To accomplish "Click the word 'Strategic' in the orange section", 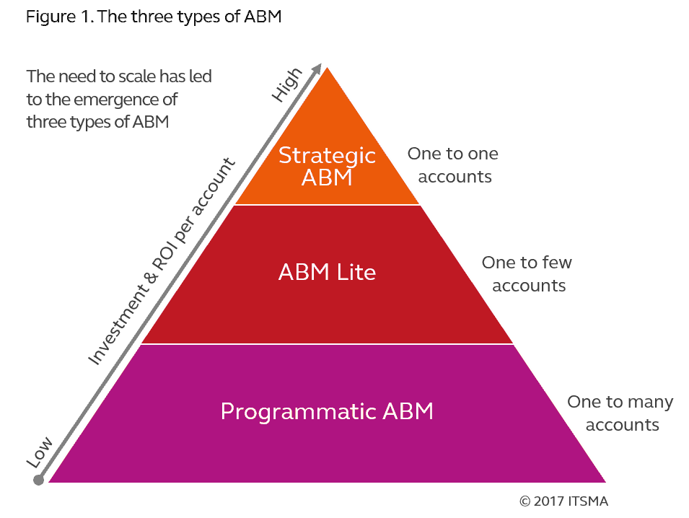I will (x=327, y=155).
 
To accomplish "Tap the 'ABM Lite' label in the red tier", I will (x=327, y=273).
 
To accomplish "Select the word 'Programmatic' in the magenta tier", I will (x=298, y=411).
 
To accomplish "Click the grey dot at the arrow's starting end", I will (x=39, y=479).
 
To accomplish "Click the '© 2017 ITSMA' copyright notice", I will (x=563, y=500).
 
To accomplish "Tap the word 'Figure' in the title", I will (x=49, y=17).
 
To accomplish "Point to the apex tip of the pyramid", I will (x=328, y=66).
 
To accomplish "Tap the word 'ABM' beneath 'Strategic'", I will (x=327, y=177).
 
